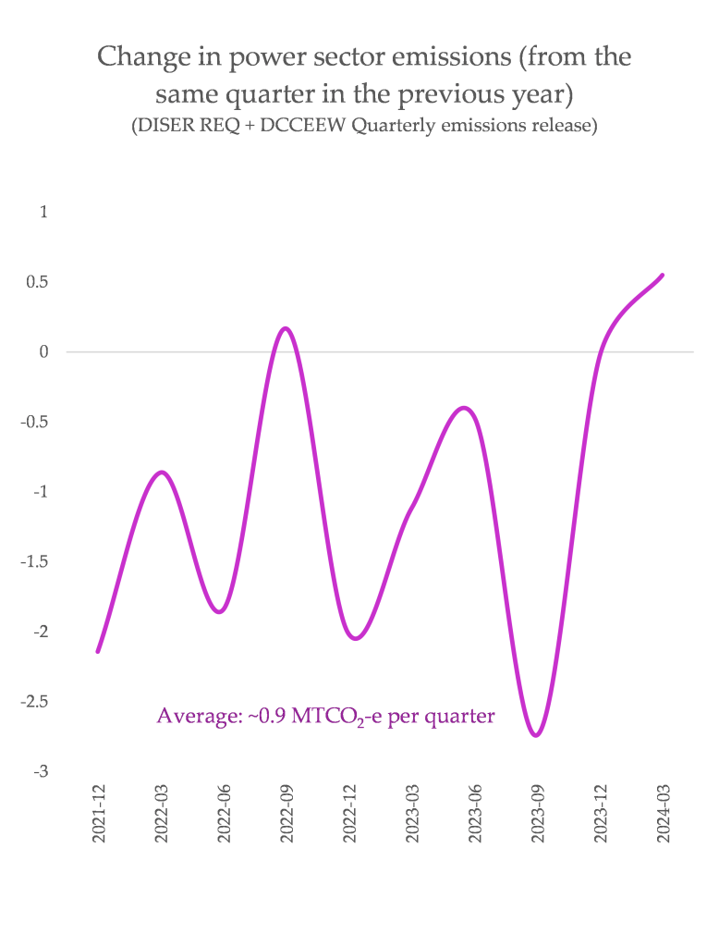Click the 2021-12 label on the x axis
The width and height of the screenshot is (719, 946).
[x=98, y=815]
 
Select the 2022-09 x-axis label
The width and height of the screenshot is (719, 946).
[x=286, y=815]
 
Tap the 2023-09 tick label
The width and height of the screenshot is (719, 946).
[x=538, y=815]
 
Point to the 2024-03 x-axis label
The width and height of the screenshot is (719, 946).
[x=664, y=815]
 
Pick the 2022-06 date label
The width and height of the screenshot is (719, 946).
[x=224, y=815]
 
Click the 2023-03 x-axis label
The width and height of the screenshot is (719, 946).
[x=412, y=815]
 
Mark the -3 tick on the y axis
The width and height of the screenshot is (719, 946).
[x=41, y=771]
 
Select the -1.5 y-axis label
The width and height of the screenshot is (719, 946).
[x=35, y=561]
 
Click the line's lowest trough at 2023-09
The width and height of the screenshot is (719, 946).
[x=536, y=735]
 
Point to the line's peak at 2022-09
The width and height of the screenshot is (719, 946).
[x=286, y=328]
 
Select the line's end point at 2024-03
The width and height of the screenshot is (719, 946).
[x=663, y=275]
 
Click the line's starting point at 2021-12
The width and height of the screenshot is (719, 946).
[x=98, y=651]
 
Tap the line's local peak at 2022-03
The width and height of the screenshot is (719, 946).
[x=162, y=473]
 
